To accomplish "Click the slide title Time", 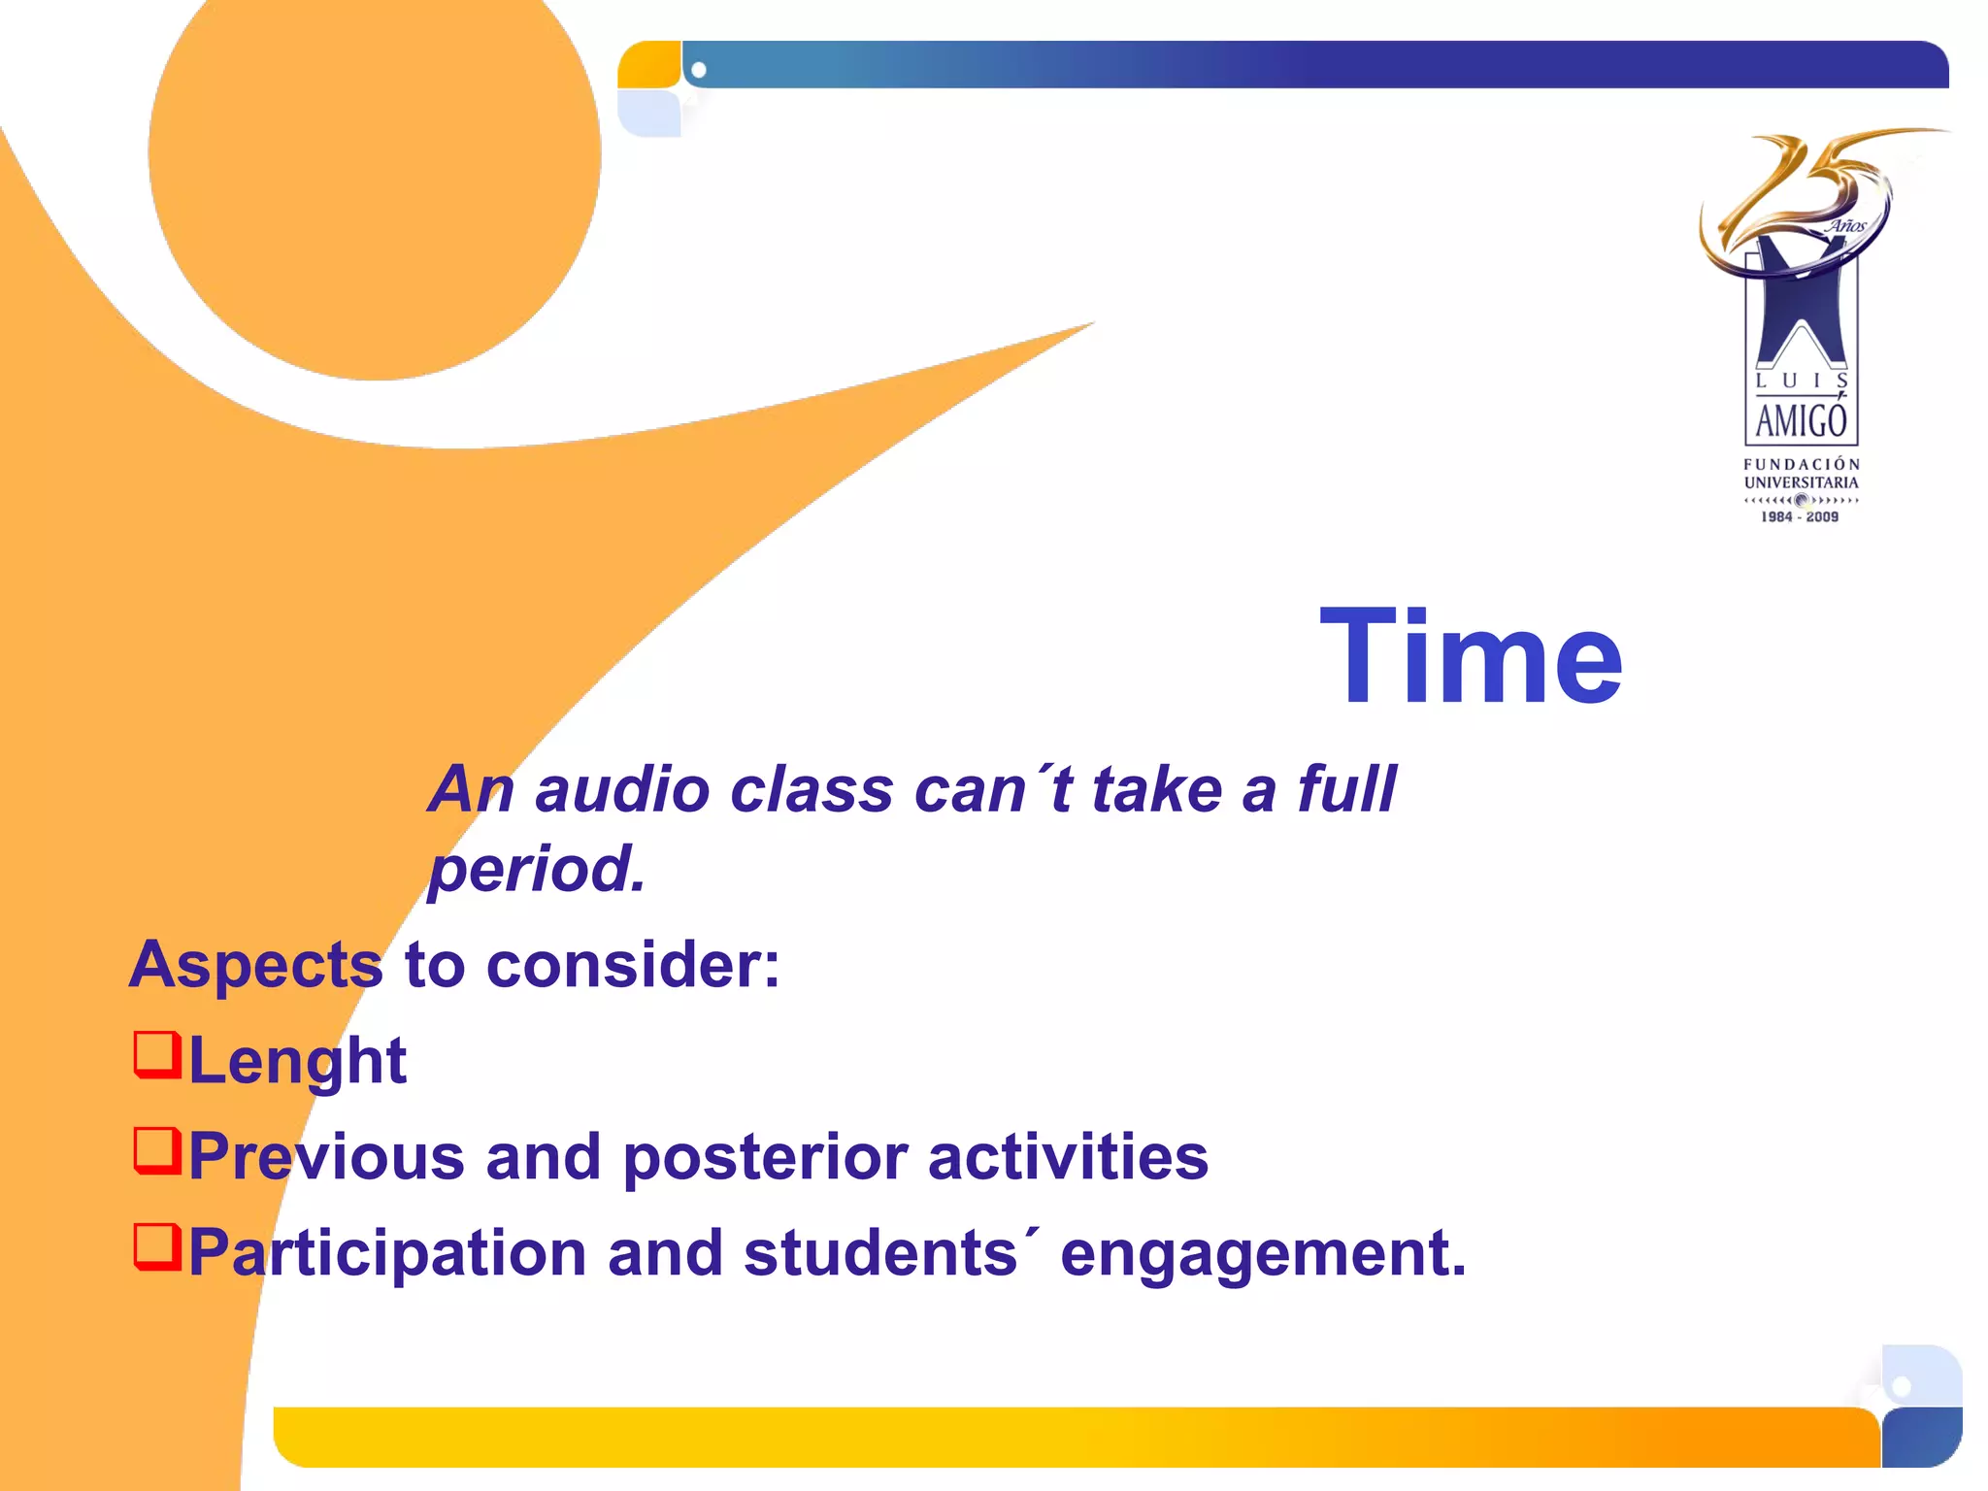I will click(1470, 657).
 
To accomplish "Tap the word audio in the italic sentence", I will click(621, 789).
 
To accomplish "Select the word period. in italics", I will click(537, 869).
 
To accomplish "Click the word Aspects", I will click(256, 966).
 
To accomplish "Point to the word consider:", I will click(633, 966).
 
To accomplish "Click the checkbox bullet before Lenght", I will click(157, 1055).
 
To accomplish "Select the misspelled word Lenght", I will click(297, 1061).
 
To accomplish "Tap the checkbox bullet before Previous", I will click(157, 1150).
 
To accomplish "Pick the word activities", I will click(1068, 1157).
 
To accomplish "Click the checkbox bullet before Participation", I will click(157, 1246).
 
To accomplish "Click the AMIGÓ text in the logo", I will click(1801, 421).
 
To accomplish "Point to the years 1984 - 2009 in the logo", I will click(1800, 517).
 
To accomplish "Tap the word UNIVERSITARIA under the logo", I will click(1801, 482).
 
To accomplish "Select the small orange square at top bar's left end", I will click(648, 65).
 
